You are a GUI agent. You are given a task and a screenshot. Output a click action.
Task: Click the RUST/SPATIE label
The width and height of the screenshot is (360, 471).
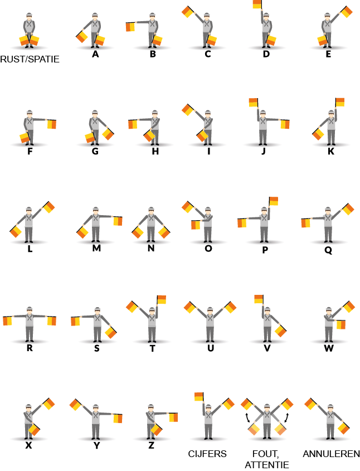(30, 59)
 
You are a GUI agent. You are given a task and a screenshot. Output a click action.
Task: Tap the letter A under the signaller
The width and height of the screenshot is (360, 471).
(95, 54)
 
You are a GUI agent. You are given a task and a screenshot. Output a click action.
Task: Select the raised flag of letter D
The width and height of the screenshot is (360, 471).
(257, 4)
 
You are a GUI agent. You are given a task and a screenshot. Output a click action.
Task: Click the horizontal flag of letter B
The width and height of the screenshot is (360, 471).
(130, 27)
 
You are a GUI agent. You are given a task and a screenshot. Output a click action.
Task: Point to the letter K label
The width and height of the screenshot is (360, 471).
(331, 151)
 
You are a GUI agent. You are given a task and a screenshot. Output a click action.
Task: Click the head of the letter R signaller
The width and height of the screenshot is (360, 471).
(29, 310)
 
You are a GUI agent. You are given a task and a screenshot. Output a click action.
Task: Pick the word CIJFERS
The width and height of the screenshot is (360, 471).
(207, 454)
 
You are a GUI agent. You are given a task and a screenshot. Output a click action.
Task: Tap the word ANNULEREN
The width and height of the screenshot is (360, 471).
(331, 454)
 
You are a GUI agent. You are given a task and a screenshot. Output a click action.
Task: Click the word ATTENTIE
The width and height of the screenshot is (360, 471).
(267, 465)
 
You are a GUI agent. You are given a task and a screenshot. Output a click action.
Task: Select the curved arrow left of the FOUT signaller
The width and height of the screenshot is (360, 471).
(247, 418)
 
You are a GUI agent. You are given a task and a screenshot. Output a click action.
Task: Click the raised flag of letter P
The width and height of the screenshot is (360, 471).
(274, 201)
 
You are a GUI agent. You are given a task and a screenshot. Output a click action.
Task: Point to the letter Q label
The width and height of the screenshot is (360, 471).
(328, 250)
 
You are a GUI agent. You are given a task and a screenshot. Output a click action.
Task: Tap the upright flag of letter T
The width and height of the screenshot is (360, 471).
(162, 299)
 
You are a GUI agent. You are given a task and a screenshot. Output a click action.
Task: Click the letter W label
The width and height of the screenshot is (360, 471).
(329, 348)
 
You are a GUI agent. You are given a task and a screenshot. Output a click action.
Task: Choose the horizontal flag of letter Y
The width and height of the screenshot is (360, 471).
(118, 418)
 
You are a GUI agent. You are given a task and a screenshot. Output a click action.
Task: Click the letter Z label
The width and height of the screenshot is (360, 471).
(152, 445)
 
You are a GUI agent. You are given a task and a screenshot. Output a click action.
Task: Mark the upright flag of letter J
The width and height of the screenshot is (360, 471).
(254, 103)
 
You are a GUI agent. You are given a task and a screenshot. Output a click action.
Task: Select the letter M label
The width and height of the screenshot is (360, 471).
(96, 248)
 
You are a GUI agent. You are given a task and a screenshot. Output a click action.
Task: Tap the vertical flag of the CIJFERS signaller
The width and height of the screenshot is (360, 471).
(199, 396)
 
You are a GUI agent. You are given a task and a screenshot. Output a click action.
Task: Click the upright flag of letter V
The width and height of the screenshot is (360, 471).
(259, 299)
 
